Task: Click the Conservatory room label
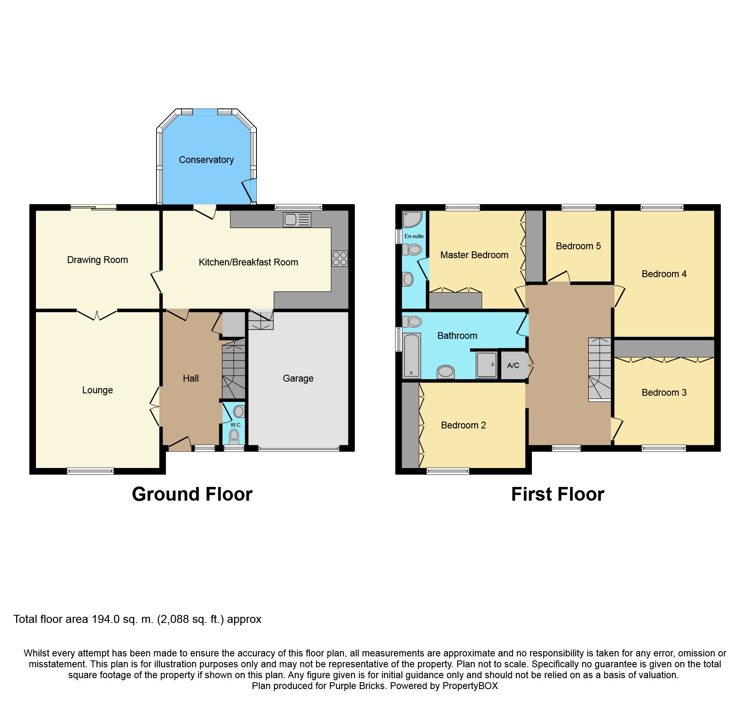pyautogui.click(x=206, y=160)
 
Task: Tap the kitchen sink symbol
pyautogui.click(x=297, y=219)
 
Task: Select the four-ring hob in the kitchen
pyautogui.click(x=340, y=259)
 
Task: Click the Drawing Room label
pyautogui.click(x=97, y=260)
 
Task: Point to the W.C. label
pyautogui.click(x=236, y=425)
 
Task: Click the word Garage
pyautogui.click(x=298, y=378)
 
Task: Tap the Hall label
pyautogui.click(x=191, y=378)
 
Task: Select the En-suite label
pyautogui.click(x=414, y=236)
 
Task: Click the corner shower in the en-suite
pyautogui.click(x=412, y=219)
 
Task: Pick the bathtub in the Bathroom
pyautogui.click(x=411, y=355)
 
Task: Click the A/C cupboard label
pyautogui.click(x=513, y=366)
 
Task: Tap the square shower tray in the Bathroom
pyautogui.click(x=487, y=365)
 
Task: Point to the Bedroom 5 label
pyautogui.click(x=578, y=246)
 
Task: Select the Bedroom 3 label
pyautogui.click(x=664, y=393)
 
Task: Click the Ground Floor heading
pyautogui.click(x=192, y=494)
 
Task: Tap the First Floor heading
pyautogui.click(x=557, y=494)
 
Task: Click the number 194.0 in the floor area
pyautogui.click(x=106, y=619)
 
